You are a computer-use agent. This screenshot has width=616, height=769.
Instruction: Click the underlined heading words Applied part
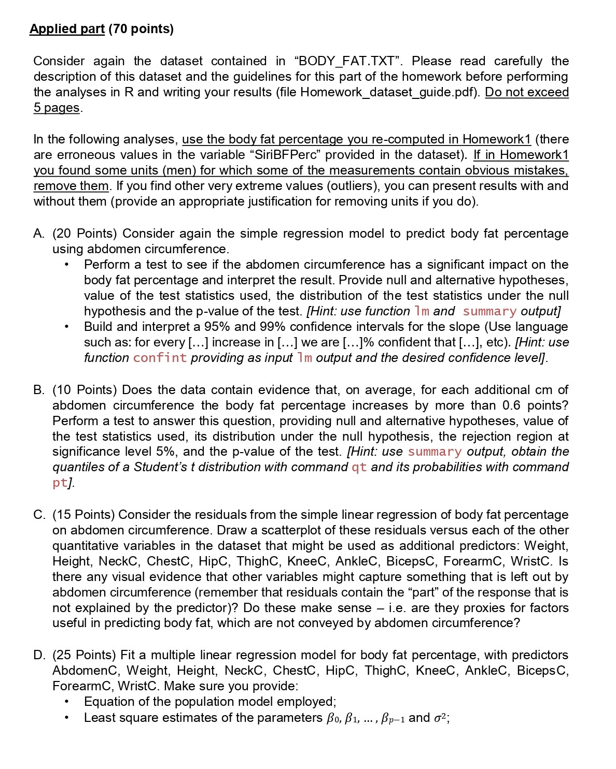coord(67,29)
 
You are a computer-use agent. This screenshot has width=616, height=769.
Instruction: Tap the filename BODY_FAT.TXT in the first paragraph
coord(347,61)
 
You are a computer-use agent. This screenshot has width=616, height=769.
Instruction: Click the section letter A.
coord(39,234)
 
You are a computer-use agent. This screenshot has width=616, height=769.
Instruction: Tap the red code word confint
coord(160,358)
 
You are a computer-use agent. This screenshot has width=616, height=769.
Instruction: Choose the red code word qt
coord(359,467)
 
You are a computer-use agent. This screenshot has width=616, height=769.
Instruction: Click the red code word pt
coord(60,483)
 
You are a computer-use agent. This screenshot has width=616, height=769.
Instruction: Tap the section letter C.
coord(39,515)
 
